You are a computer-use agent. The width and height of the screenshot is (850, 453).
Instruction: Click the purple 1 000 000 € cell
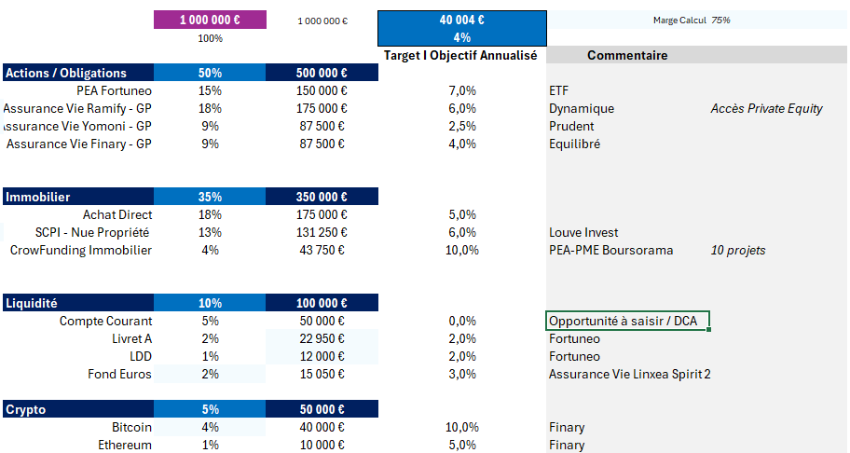point(210,20)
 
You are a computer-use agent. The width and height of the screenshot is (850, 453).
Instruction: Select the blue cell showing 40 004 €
point(461,20)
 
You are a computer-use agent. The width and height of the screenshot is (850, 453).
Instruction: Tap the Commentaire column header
point(627,56)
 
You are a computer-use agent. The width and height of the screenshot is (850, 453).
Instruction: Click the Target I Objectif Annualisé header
point(460,56)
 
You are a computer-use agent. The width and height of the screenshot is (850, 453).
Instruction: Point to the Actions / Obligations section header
point(66,73)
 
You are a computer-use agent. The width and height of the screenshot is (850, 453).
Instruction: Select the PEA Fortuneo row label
point(115,90)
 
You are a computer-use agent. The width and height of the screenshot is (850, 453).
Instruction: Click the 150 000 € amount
point(322,90)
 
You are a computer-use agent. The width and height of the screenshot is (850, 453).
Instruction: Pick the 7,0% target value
point(461,90)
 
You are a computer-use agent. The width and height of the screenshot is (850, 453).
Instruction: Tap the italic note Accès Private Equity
point(766,108)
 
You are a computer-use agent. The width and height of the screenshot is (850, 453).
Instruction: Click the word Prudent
point(571,126)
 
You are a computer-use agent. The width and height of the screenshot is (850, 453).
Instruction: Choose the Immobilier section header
point(38,197)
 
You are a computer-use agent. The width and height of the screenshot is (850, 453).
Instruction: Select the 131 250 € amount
point(322,232)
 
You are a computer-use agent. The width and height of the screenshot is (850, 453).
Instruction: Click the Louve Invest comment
point(583,232)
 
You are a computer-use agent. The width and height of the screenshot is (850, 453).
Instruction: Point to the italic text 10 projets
point(738,250)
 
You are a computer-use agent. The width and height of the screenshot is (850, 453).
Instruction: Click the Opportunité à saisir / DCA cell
point(628,321)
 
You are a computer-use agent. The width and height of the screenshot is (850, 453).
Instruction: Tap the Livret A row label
point(131,338)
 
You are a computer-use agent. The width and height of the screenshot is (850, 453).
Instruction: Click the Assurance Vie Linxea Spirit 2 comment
point(629,374)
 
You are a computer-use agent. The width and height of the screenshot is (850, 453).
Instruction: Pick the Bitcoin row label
point(131,427)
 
